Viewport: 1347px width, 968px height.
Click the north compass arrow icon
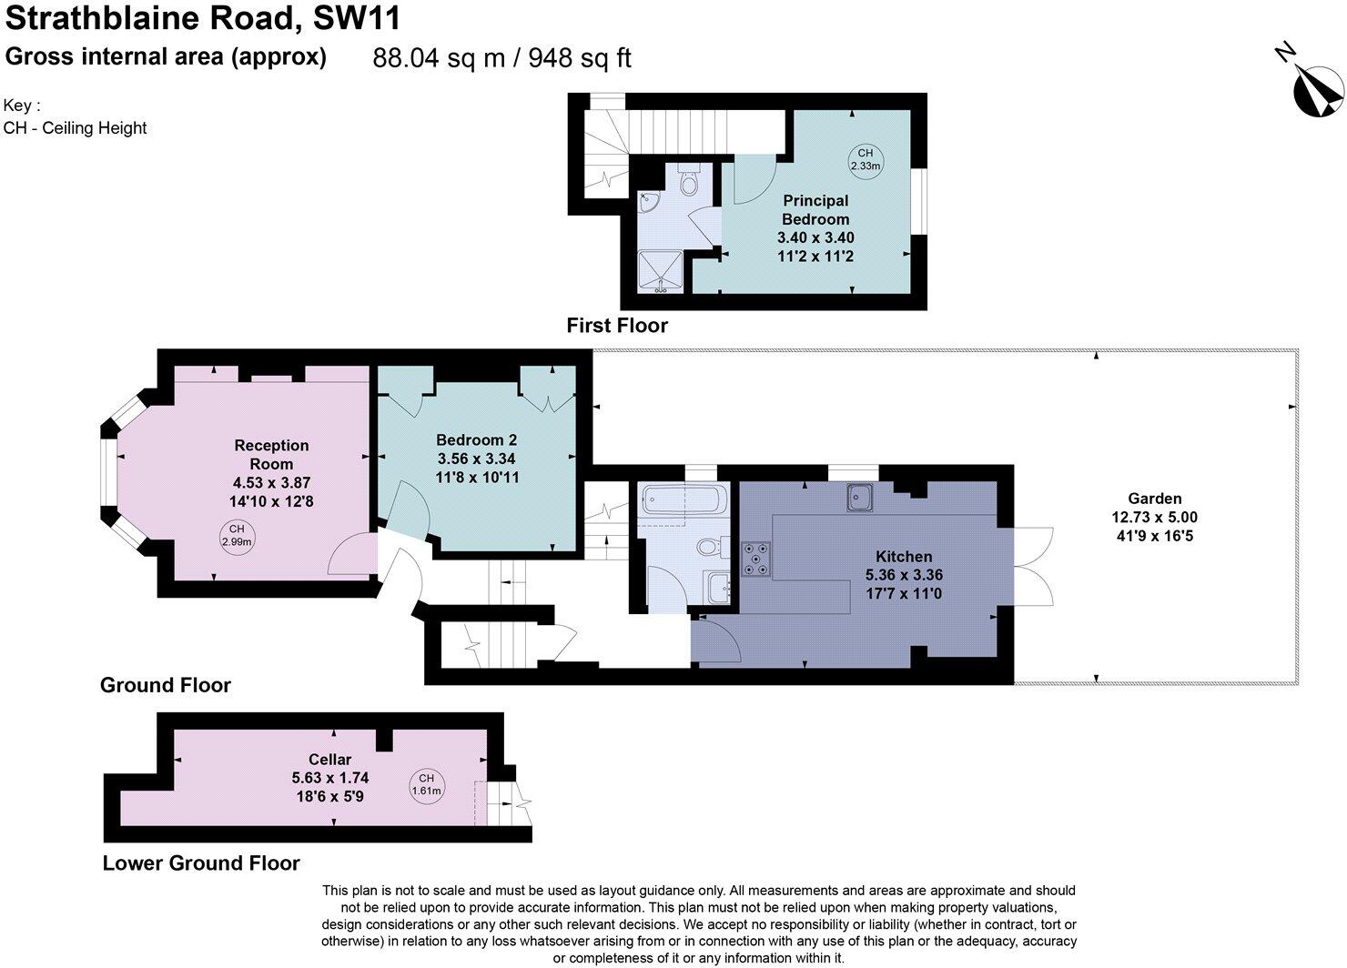[x=1318, y=89]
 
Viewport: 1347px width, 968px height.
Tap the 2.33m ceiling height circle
[x=865, y=159]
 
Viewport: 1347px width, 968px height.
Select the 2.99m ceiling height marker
[x=237, y=535]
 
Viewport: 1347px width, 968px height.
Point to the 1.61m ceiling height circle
[x=427, y=784]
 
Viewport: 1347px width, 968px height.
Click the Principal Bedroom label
[x=815, y=209]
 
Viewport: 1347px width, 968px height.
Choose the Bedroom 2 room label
[x=477, y=439]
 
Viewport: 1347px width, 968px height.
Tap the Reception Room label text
[x=271, y=454]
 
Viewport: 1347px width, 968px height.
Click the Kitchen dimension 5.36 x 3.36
[x=903, y=575]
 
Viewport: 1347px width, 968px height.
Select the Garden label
[x=1154, y=499]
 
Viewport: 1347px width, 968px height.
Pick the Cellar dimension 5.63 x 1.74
[x=329, y=778]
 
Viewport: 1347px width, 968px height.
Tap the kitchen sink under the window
[x=860, y=497]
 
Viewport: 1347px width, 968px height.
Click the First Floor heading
[x=616, y=326]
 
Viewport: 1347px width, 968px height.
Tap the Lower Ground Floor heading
[x=201, y=863]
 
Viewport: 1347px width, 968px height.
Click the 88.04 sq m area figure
[x=439, y=58]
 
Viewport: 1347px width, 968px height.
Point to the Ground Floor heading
[x=165, y=685]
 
